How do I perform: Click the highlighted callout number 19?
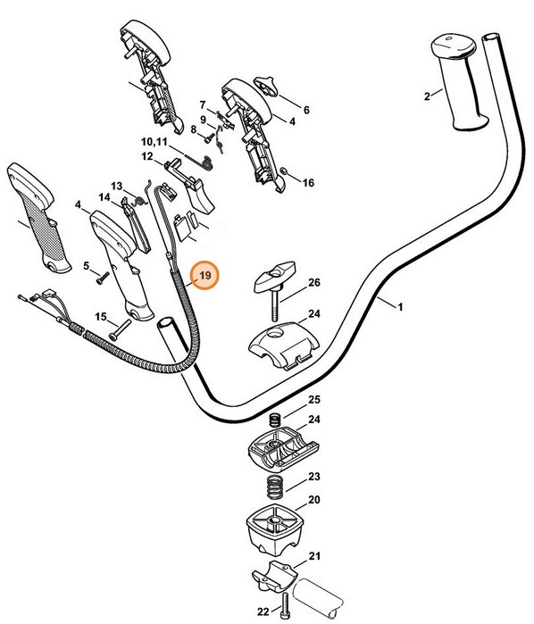tap(204, 275)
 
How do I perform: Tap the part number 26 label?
tap(314, 283)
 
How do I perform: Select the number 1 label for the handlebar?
tap(400, 307)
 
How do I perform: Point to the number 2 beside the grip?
tap(427, 96)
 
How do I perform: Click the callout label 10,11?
tap(154, 142)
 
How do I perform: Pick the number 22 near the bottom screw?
tap(263, 611)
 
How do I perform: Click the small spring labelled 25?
tap(275, 420)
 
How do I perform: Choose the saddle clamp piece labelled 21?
tap(275, 576)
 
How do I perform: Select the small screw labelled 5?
tap(103, 278)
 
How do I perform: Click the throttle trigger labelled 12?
tap(190, 183)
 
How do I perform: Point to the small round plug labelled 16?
tap(284, 171)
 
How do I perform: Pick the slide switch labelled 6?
tap(266, 85)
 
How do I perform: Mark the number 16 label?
tap(308, 183)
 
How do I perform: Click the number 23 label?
tap(314, 476)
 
